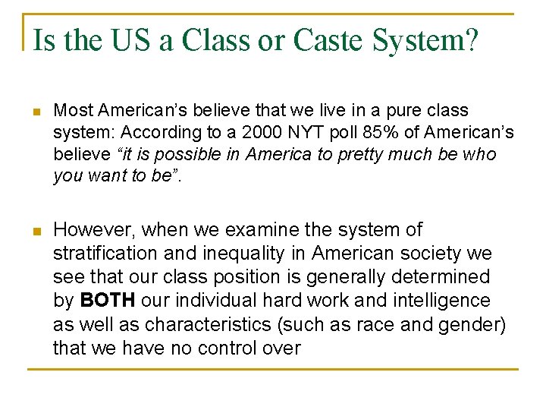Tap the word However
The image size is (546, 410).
point(91,230)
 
